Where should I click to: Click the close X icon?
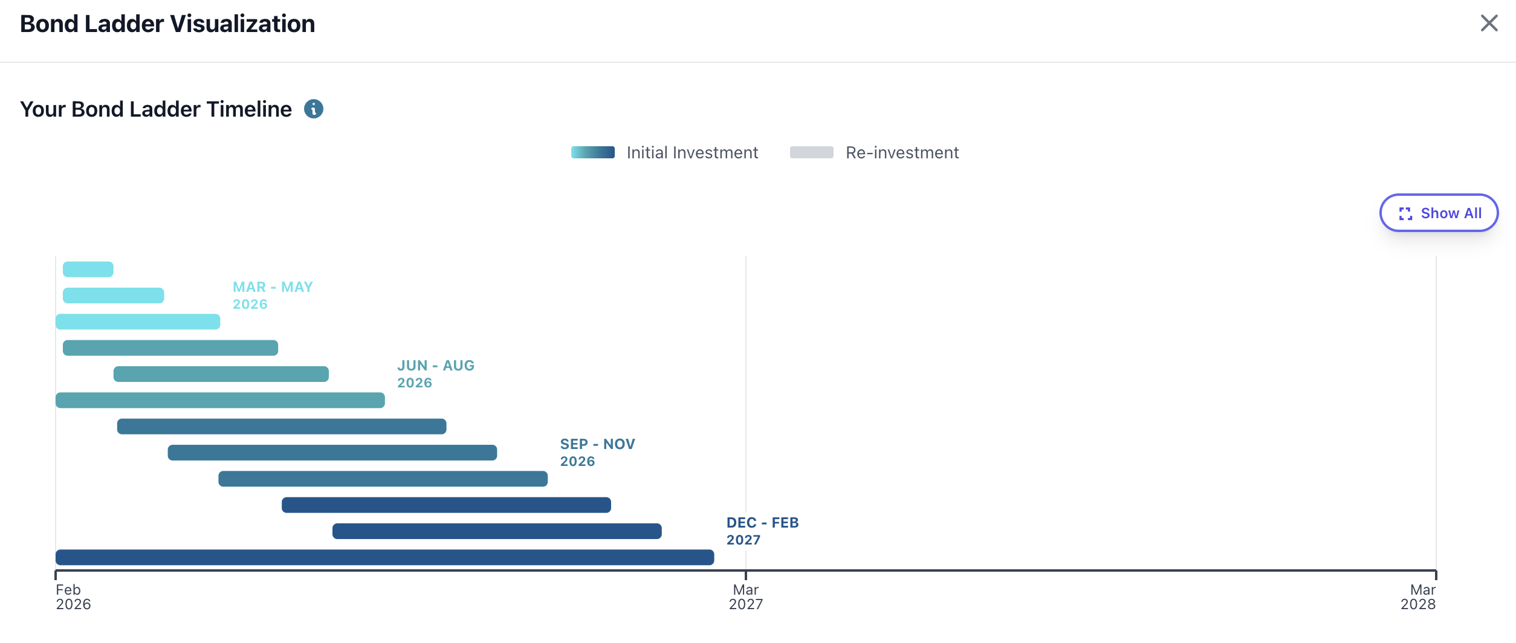[1489, 24]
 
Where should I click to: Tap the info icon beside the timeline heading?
[313, 109]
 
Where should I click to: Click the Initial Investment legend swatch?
[593, 152]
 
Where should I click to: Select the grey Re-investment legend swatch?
[812, 152]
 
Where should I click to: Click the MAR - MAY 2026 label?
[273, 296]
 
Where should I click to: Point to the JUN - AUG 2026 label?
[436, 374]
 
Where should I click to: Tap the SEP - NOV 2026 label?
[597, 453]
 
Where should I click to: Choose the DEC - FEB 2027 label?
[762, 531]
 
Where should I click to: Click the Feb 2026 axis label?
[73, 597]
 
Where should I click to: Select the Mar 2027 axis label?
[746, 597]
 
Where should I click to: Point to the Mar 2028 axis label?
[1418, 597]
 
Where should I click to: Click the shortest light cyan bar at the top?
[88, 270]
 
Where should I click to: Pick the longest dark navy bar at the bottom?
[385, 557]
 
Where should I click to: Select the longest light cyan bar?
[138, 321]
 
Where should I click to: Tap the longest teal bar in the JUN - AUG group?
[220, 400]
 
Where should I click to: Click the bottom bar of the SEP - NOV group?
[383, 479]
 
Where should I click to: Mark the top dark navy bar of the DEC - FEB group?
[446, 505]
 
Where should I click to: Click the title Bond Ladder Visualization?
[167, 24]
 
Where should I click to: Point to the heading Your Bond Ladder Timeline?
[156, 109]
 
